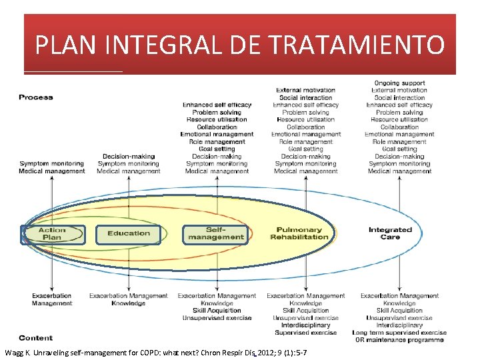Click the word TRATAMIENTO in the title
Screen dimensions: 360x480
(x=358, y=45)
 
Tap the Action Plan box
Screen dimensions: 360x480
(x=53, y=234)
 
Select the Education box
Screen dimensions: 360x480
(x=129, y=233)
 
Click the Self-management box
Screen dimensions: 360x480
(x=215, y=233)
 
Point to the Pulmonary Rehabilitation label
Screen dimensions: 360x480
(x=299, y=233)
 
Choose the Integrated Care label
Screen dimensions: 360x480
(x=390, y=233)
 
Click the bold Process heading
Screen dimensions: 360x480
(x=36, y=97)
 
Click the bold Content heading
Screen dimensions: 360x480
(x=36, y=338)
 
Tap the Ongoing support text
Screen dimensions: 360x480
(x=399, y=83)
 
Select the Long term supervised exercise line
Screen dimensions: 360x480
(x=399, y=332)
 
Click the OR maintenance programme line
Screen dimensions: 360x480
(x=399, y=340)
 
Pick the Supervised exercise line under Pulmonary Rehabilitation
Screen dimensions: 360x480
(x=306, y=332)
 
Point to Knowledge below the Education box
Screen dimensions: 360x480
(x=129, y=303)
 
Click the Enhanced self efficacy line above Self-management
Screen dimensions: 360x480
(x=217, y=105)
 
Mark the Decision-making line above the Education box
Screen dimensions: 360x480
(x=129, y=156)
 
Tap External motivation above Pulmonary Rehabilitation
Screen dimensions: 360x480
(x=306, y=90)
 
